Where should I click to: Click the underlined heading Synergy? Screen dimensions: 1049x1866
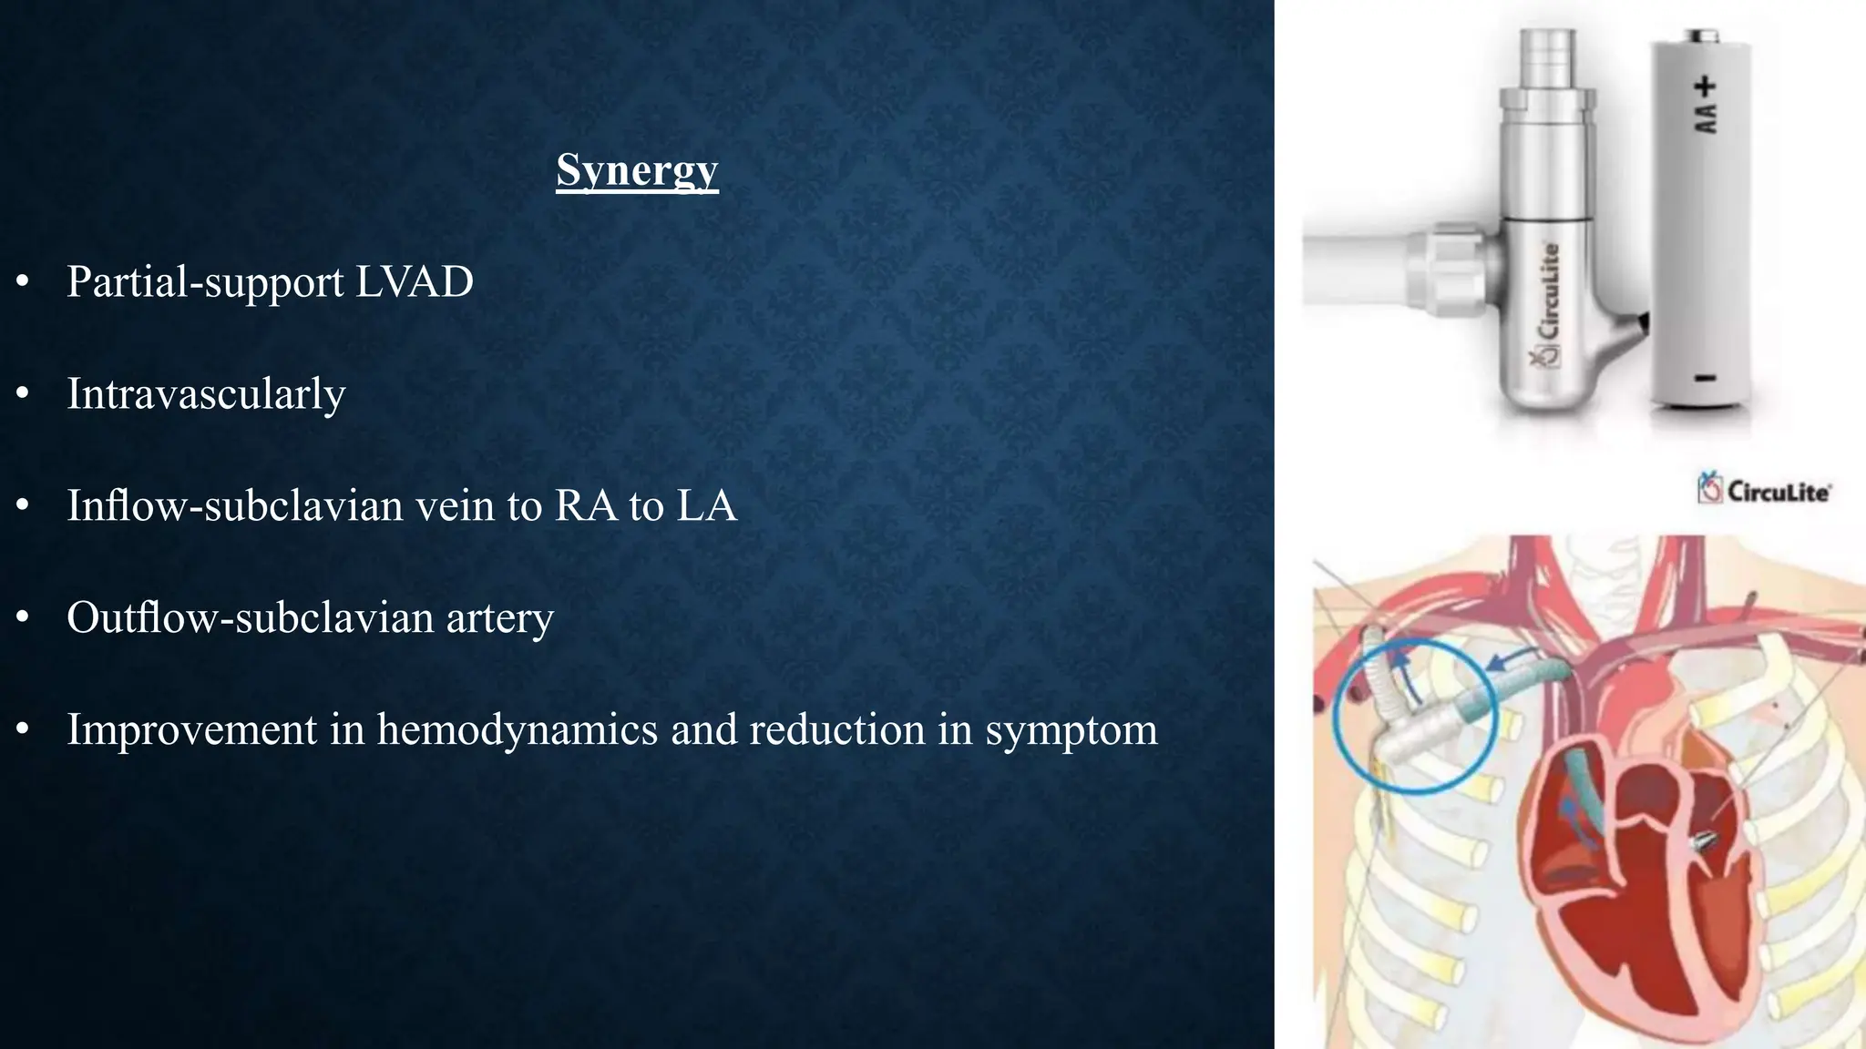point(637,170)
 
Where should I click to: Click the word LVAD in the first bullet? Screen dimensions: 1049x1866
point(415,281)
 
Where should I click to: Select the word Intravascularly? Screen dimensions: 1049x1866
point(206,394)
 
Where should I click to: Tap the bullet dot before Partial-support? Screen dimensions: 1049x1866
point(23,282)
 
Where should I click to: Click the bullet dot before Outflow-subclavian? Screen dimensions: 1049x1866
point(23,618)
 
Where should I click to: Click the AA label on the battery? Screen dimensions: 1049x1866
point(1705,117)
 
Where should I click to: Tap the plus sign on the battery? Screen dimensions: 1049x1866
point(1705,87)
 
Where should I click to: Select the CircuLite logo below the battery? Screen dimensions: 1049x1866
point(1764,490)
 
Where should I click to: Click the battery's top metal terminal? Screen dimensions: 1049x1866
point(1700,36)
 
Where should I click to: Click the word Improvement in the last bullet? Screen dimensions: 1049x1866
point(191,729)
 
